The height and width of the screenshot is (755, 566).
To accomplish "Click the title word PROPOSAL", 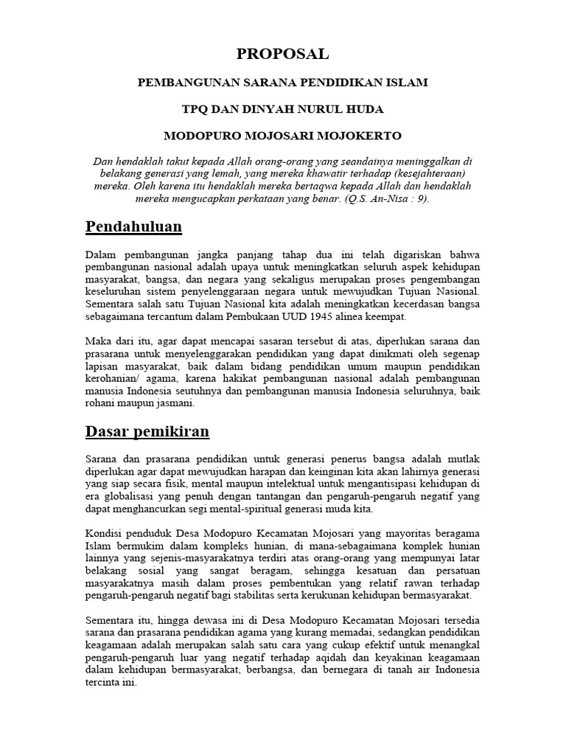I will (282, 54).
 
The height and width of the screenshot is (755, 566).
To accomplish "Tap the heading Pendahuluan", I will (133, 226).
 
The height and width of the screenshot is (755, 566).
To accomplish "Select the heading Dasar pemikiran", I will (147, 431).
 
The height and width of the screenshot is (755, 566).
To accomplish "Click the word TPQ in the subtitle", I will (195, 109).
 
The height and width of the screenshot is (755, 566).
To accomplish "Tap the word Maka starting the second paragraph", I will (98, 341).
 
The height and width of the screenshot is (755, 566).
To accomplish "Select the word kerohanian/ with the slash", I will (113, 379).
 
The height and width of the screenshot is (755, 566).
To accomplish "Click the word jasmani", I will (173, 404).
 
